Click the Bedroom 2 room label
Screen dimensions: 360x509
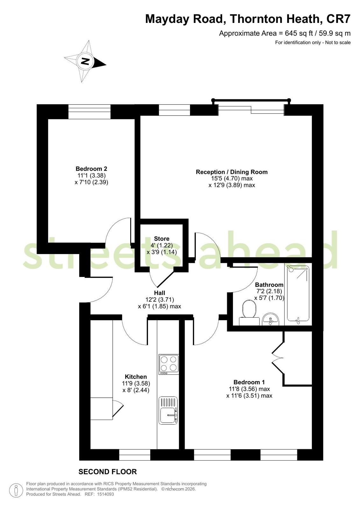pos(91,169)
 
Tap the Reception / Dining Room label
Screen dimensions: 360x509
pos(232,172)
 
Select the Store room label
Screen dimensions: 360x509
pos(162,239)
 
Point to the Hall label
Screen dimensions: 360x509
pos(159,293)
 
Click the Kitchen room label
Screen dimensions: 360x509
pos(136,377)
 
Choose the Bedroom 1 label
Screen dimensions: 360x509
pos(249,382)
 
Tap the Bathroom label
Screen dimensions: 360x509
pos(269,285)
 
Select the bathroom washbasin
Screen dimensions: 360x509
pos(270,319)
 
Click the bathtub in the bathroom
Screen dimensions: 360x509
pos(298,294)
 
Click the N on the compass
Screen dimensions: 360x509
pos(85,61)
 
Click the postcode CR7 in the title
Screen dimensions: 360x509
pos(338,19)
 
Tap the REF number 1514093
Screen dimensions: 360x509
pos(105,494)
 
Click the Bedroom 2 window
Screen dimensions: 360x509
pos(89,111)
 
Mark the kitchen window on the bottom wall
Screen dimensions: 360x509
pos(135,455)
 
